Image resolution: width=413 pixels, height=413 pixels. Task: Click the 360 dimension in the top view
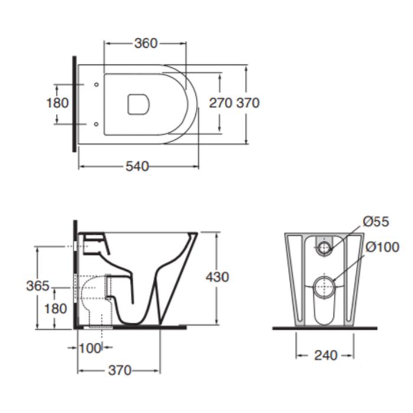point(146,43)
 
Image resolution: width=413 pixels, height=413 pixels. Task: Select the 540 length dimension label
point(137,166)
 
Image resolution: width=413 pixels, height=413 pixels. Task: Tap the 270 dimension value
point(221,103)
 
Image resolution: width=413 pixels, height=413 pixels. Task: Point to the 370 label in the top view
point(248,103)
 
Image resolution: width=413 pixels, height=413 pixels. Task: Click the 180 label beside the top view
point(57,103)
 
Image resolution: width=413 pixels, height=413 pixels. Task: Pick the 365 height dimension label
point(38,286)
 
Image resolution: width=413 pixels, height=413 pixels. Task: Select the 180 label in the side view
point(55,309)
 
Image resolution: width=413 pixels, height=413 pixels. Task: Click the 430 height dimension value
point(217,277)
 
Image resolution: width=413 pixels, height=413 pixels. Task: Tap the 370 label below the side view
point(120,371)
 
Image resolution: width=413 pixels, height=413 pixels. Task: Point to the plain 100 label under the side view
point(90,349)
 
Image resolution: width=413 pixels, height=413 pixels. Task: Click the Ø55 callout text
point(376,221)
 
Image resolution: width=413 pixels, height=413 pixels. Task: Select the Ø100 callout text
point(382,247)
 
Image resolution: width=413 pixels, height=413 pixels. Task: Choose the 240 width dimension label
point(326,356)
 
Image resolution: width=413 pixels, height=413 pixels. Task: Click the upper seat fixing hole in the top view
point(96,84)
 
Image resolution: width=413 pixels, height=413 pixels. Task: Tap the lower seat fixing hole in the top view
point(96,124)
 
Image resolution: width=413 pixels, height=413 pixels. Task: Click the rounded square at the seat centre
point(139,104)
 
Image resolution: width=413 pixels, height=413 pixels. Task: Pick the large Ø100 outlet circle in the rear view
point(324,287)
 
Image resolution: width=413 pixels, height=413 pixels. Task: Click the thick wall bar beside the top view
point(74,104)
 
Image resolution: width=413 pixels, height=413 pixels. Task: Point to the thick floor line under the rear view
point(324,328)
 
